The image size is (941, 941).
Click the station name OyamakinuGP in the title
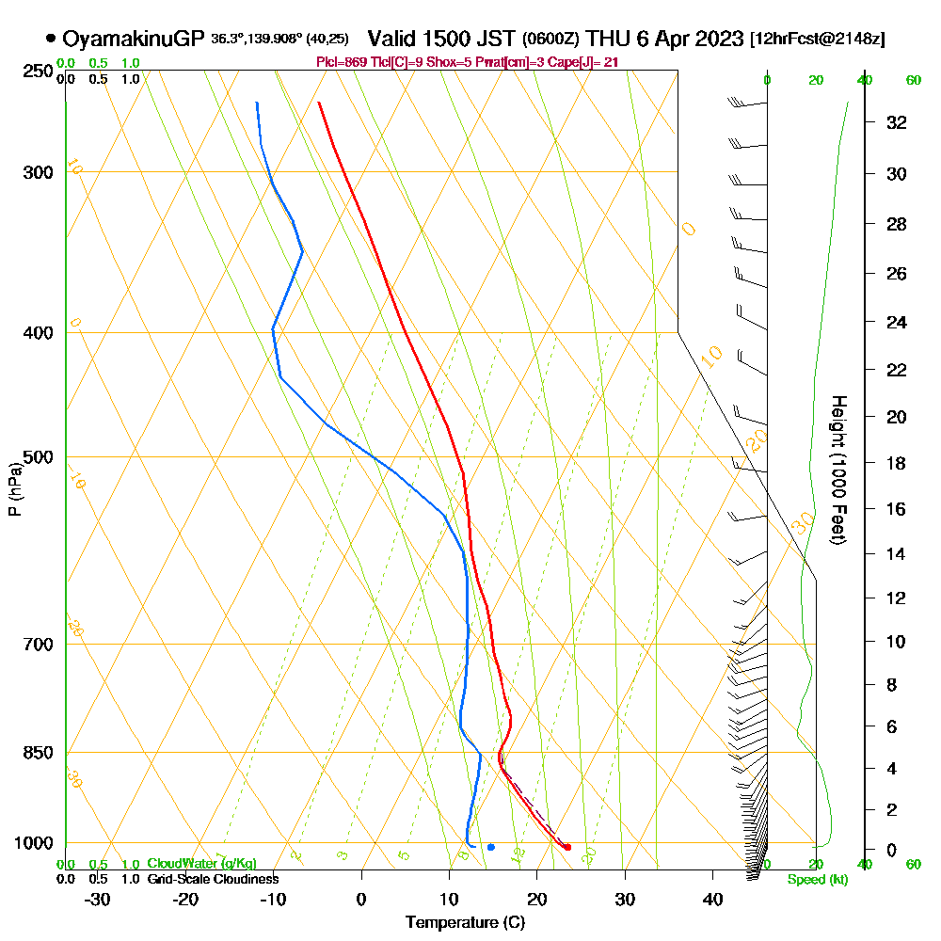(134, 39)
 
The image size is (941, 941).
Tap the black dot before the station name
(51, 39)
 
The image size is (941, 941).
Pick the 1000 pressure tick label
(33, 843)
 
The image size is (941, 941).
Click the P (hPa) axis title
(14, 488)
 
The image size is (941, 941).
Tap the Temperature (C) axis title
(465, 923)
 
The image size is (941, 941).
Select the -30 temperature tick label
(98, 899)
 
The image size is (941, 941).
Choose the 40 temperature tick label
(712, 899)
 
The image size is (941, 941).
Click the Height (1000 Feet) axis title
(837, 470)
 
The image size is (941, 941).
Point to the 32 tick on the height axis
(897, 122)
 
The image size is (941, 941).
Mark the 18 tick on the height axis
(897, 463)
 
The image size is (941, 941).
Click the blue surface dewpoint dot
(491, 847)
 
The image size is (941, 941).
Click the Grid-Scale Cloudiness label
(213, 879)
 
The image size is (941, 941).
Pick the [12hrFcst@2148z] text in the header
(817, 40)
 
